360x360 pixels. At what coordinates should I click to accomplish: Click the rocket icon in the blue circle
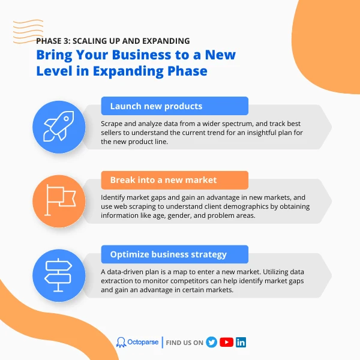pos(59,126)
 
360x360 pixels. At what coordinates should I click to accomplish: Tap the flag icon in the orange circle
pos(60,200)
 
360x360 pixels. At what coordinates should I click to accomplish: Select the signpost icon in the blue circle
pos(58,275)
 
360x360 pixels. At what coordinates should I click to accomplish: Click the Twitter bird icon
pos(211,343)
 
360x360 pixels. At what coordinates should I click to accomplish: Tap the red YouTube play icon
pos(226,343)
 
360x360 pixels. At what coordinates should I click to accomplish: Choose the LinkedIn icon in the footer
pos(241,343)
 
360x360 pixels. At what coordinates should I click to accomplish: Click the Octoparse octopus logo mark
pos(121,343)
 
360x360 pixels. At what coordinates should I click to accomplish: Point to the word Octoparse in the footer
pos(143,342)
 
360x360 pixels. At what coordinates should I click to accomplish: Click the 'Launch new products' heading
pos(156,106)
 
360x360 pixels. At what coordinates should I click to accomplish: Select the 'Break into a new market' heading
pos(163,180)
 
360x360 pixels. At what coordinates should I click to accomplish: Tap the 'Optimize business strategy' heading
pos(168,254)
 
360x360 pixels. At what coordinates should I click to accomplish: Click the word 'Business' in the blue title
pos(142,55)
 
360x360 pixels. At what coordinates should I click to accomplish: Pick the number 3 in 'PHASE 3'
pos(66,41)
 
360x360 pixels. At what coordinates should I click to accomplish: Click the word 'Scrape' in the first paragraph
pos(112,124)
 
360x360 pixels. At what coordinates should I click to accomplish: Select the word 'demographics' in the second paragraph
pos(245,206)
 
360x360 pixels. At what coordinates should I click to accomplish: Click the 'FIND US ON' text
pos(185,343)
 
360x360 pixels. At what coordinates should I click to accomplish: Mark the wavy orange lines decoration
pos(28,32)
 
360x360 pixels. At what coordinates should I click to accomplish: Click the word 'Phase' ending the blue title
pos(187,71)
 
